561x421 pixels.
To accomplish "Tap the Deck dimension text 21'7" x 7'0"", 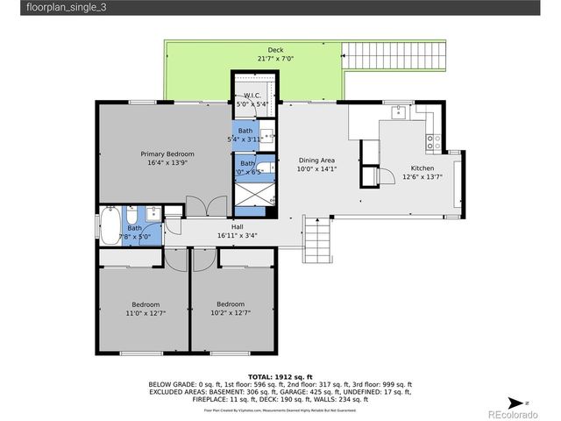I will [x=275, y=59].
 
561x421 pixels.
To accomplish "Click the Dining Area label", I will [x=317, y=161].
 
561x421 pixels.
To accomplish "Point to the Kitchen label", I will [x=422, y=168].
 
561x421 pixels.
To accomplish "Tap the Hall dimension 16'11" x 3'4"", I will [x=237, y=235].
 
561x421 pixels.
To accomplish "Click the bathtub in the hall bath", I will [x=110, y=226].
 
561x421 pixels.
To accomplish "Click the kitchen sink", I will [x=399, y=111].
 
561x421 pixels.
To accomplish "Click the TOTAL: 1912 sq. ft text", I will [x=280, y=375].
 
